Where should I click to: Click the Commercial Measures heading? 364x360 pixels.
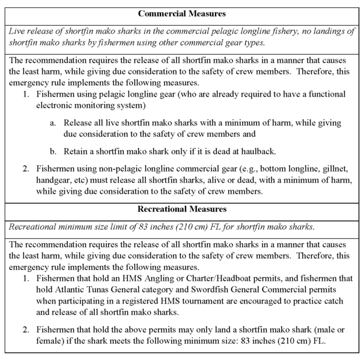coord(181,13)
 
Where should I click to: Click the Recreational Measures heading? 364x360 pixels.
coord(181,211)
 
